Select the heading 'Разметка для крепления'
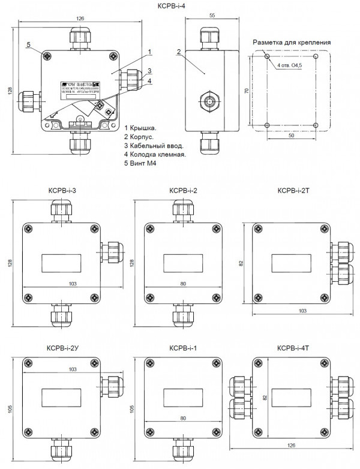point(292,43)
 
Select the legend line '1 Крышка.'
point(140,128)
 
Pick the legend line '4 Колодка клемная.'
point(155,154)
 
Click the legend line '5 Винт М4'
point(140,163)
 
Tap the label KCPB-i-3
point(62,191)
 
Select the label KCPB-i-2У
point(62,348)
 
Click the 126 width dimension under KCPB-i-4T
point(290,445)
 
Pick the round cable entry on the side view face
point(207,101)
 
